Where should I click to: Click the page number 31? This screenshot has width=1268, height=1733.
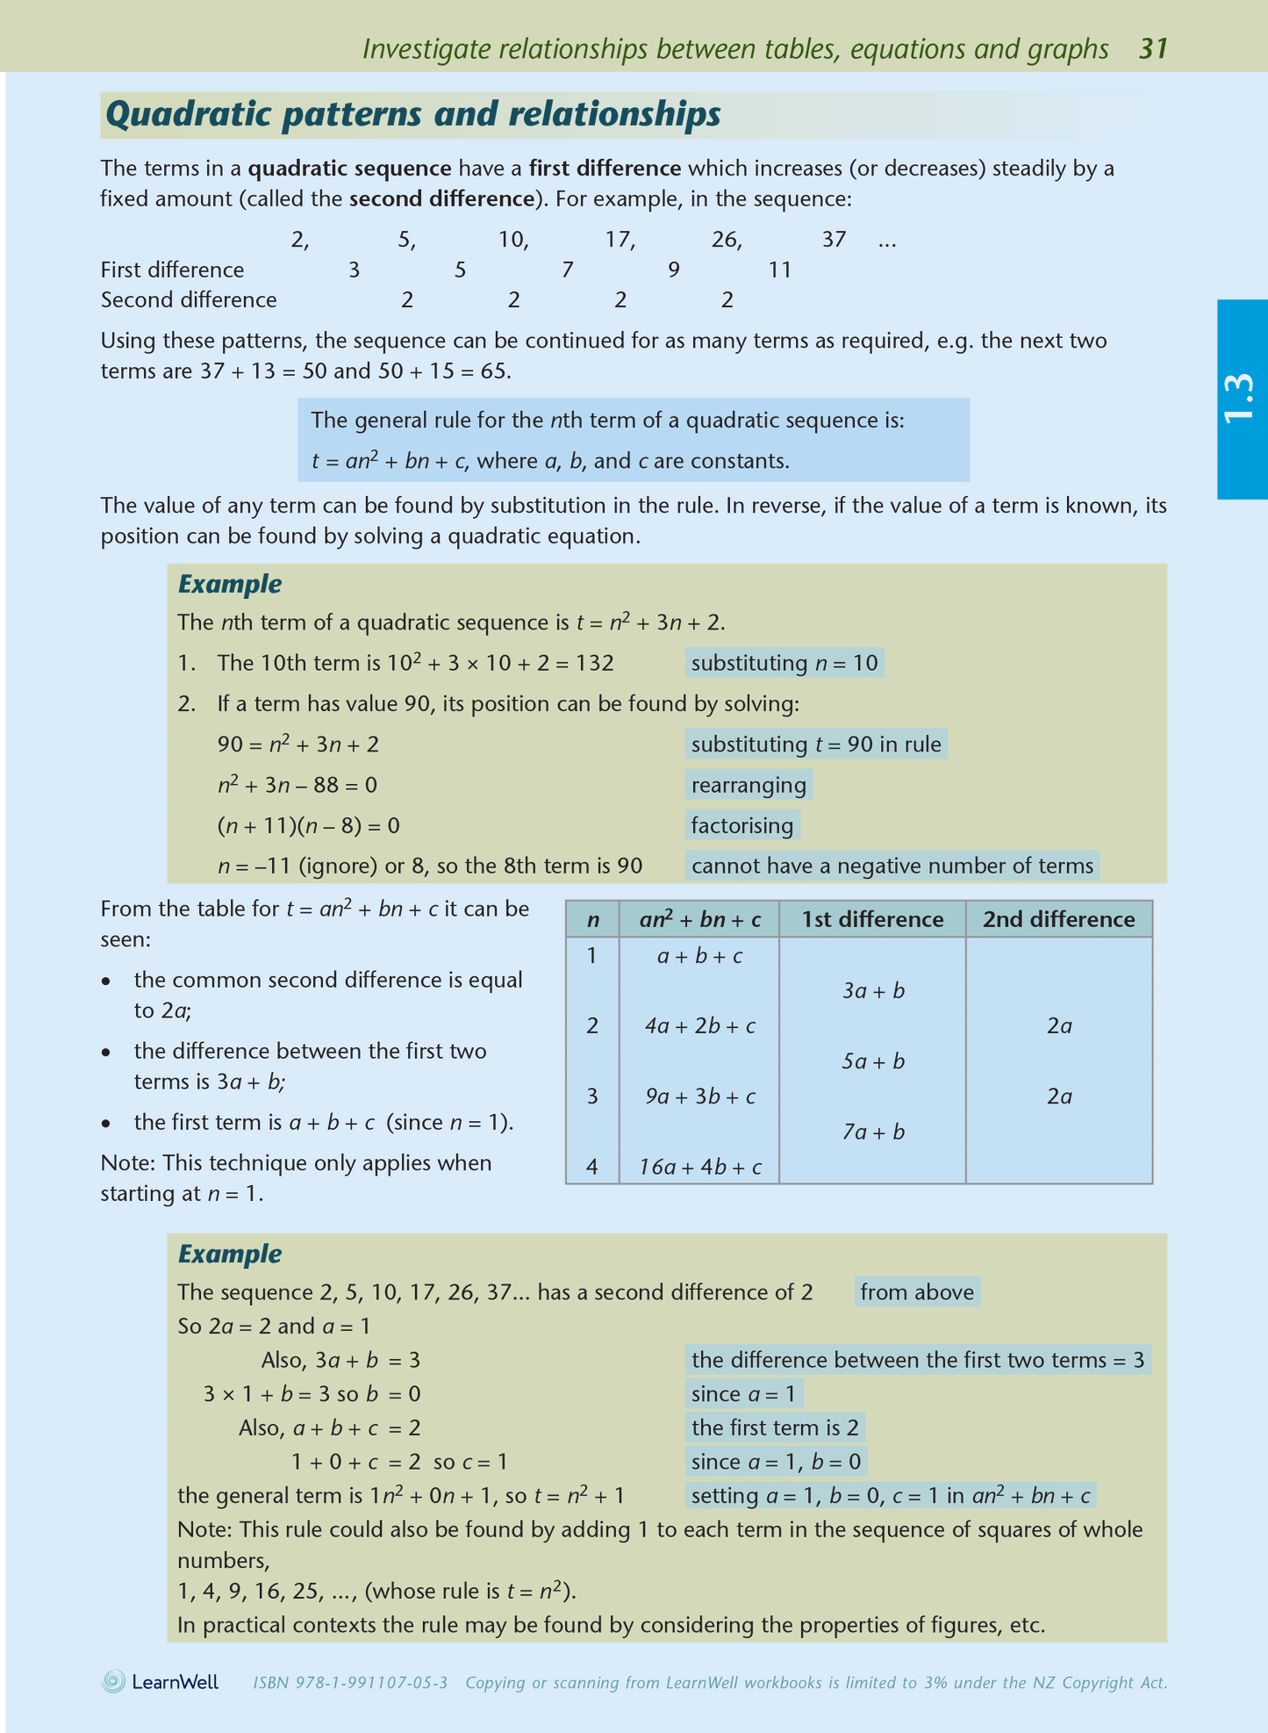(x=1153, y=49)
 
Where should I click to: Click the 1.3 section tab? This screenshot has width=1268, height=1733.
(x=1241, y=399)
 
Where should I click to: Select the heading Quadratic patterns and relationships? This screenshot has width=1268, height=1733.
(x=412, y=115)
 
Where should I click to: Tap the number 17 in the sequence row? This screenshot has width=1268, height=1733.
(x=619, y=240)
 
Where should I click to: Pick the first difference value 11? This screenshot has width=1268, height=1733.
(x=779, y=270)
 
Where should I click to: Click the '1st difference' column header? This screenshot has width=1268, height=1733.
(x=872, y=919)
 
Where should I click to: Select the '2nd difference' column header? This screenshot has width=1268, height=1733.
(x=1058, y=919)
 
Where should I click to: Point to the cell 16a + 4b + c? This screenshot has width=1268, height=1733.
(x=699, y=1168)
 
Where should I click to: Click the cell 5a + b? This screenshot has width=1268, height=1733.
(x=873, y=1061)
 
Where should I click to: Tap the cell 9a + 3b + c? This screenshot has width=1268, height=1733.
(x=699, y=1097)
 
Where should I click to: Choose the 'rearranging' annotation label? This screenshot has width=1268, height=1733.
(x=748, y=785)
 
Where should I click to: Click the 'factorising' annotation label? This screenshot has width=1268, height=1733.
(x=741, y=825)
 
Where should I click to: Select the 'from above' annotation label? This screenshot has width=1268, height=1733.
(x=916, y=1292)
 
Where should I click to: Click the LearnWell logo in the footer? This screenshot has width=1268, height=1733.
(x=161, y=1682)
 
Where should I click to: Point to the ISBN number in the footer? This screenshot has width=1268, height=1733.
(x=350, y=1683)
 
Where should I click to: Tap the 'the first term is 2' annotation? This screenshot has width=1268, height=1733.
(x=774, y=1427)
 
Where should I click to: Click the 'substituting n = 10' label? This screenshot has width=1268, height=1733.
(x=784, y=663)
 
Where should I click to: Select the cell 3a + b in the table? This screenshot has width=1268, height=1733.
(x=873, y=991)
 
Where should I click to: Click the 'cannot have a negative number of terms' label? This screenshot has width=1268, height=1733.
(x=892, y=866)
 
